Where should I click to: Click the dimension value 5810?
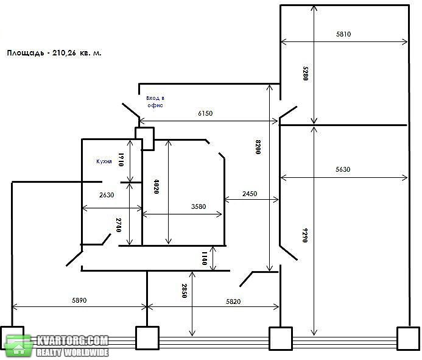coord(343,34)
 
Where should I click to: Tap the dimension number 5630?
coord(343,169)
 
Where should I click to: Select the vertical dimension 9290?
coord(304,235)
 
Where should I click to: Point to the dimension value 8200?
coord(258,147)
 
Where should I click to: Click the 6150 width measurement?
coord(205,113)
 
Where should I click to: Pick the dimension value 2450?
coord(250,194)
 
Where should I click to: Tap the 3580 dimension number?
coord(199,206)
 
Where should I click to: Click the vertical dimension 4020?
coord(156,186)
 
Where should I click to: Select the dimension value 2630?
coord(107,195)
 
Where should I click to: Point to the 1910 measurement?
coord(121,160)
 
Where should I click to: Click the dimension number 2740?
coord(118,225)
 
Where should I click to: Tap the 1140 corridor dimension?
coord(204,258)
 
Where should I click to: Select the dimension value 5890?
coord(79,300)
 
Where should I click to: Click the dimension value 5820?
coord(233,302)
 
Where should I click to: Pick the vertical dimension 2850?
coord(184,291)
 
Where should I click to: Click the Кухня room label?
coord(104,161)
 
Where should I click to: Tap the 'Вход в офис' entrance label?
coord(155,102)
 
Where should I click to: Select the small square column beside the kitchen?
coord(144,139)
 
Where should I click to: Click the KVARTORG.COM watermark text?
coord(72,341)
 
